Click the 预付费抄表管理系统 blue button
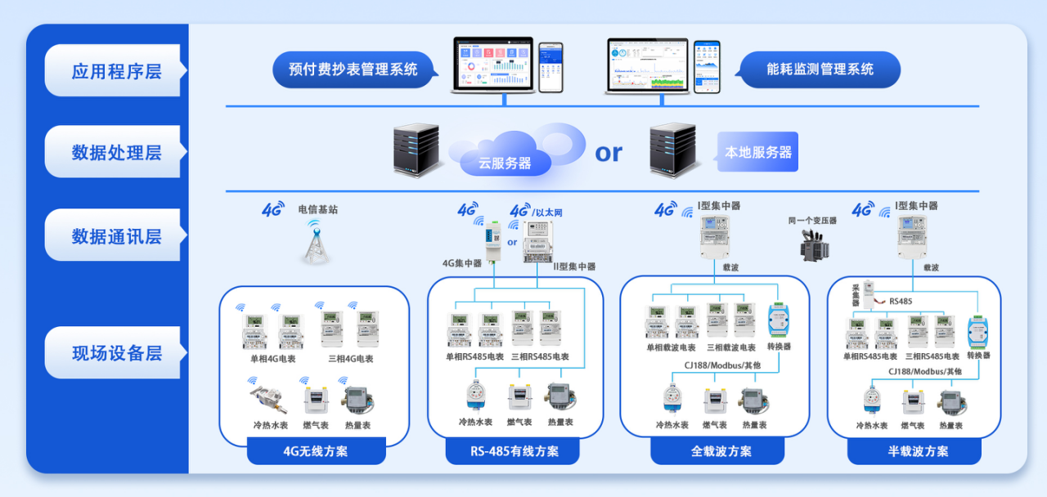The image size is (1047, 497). [353, 69]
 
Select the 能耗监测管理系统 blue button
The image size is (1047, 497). [820, 69]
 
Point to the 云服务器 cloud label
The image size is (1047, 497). [505, 163]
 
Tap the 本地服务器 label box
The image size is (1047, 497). [757, 152]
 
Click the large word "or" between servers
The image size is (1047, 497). [608, 152]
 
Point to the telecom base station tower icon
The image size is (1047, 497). [317, 242]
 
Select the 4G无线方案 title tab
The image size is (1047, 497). [315, 451]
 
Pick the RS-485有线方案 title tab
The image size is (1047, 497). [514, 451]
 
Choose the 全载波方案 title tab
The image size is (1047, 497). [717, 451]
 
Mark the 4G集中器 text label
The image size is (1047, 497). [462, 263]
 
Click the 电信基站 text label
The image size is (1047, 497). [317, 209]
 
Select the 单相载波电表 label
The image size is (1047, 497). [671, 347]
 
